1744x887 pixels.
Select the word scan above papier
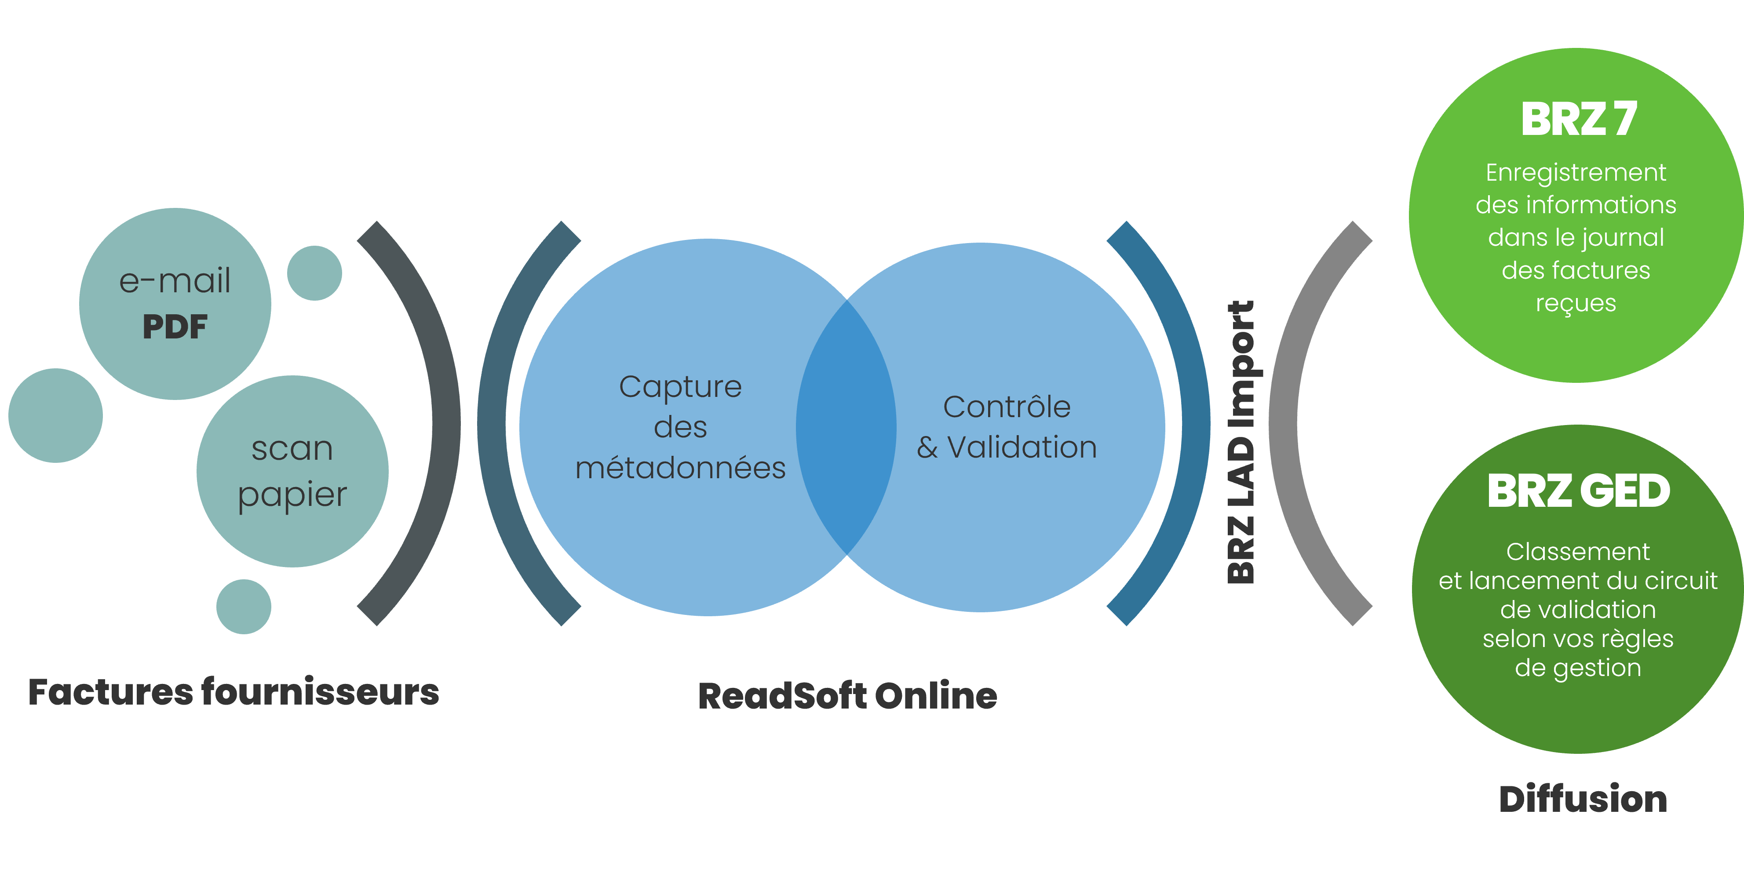pos(292,449)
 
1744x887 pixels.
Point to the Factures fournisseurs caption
pos(234,692)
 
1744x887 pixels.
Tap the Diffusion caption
pos(1583,799)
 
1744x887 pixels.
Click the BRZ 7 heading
pos(1579,119)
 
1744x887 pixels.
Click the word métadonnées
pos(680,468)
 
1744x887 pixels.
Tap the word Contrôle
pos(1007,407)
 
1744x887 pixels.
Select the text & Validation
pos(1007,447)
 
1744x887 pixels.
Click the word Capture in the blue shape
pos(680,387)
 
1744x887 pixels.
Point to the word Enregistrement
pos(1576,173)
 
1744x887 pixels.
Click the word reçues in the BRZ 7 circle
pos(1576,304)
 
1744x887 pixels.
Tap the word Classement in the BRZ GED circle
pos(1578,552)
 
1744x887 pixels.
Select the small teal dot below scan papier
pos(244,606)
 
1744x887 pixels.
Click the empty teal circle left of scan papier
pos(55,415)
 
